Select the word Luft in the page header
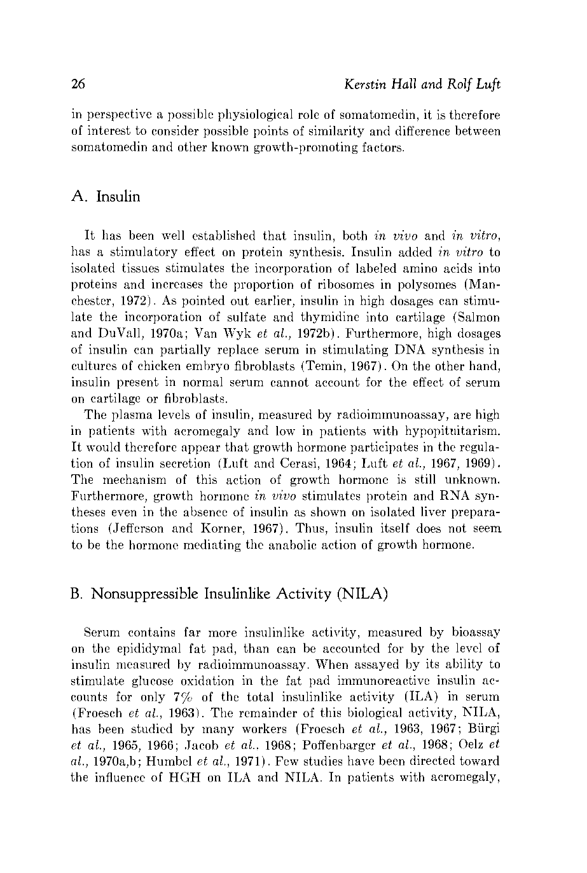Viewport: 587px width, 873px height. point(487,84)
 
